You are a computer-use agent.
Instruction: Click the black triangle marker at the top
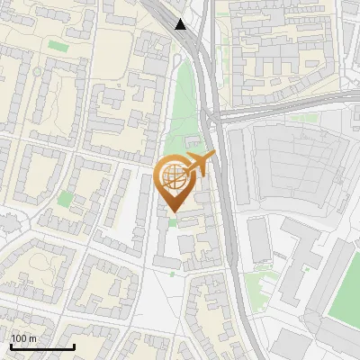click(182, 24)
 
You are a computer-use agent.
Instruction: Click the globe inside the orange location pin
click(173, 176)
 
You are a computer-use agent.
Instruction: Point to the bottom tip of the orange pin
click(174, 211)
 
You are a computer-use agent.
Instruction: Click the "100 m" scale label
click(22, 338)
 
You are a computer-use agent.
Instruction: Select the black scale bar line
click(42, 346)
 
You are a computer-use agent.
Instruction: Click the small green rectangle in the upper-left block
click(58, 45)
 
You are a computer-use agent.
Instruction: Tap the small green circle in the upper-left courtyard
click(37, 71)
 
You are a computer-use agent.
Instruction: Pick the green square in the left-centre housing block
click(65, 198)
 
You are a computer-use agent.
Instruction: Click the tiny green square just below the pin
click(173, 221)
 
